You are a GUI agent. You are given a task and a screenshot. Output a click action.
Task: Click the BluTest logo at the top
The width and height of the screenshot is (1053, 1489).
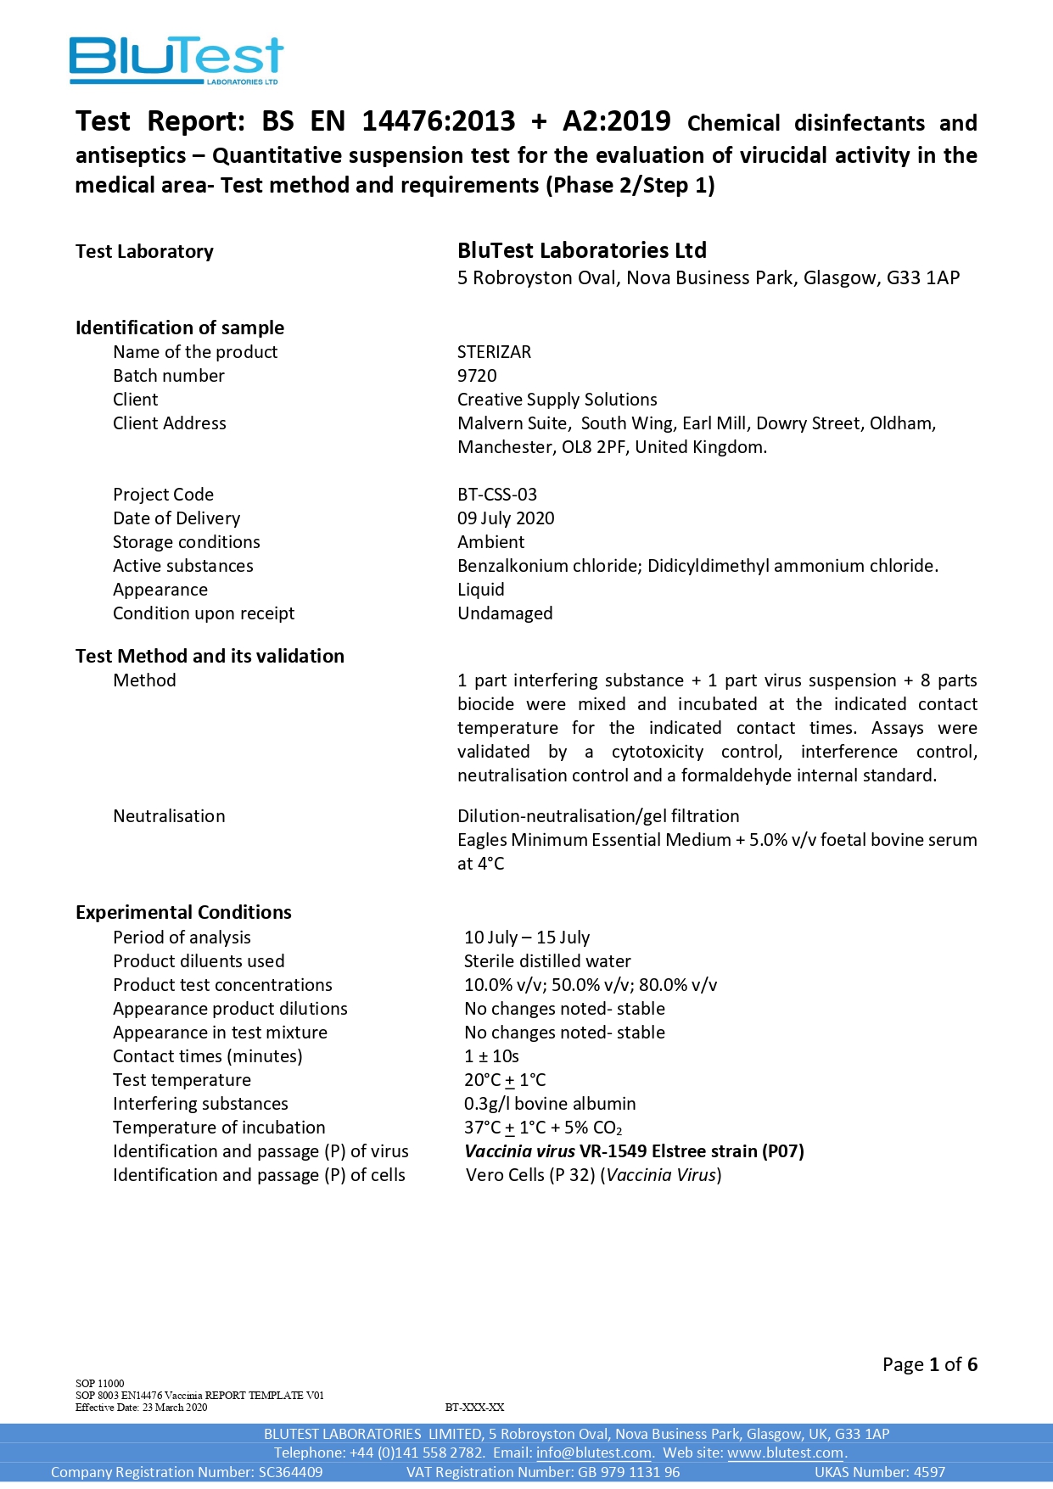pos(176,59)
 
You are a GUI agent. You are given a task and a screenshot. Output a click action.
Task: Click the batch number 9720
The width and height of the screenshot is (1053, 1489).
pos(477,376)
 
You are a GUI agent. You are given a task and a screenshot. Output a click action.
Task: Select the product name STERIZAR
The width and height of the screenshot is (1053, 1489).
pos(494,352)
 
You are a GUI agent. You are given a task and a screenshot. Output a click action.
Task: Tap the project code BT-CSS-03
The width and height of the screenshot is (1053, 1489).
pos(496,495)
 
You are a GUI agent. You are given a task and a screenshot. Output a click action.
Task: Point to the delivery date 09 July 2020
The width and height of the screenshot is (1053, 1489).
pos(506,518)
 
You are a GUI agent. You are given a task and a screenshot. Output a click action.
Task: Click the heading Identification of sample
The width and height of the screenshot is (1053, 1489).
pos(180,327)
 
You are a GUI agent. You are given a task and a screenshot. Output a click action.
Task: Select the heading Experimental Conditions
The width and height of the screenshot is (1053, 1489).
pos(183,912)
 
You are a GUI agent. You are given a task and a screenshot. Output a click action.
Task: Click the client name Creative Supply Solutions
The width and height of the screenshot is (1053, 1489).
pos(557,400)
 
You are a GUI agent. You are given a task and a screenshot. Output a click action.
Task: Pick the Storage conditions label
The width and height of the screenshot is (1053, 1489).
pos(187,542)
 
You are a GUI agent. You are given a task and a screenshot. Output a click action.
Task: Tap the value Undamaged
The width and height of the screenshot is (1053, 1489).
pos(505,613)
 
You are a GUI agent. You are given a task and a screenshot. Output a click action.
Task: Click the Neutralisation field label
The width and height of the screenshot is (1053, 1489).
pos(169,816)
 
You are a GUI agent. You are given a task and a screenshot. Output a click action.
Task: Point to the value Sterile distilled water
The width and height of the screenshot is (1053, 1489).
pos(547,961)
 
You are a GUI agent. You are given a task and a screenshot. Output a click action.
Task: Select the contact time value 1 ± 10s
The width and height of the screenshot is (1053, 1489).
pos(491,1056)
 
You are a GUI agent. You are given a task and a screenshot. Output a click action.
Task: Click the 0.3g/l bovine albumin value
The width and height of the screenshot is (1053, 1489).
pos(550,1104)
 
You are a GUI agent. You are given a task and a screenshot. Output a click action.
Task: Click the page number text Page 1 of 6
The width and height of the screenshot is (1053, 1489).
pos(929,1364)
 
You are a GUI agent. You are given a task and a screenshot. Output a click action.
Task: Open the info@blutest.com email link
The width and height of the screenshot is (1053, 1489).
pos(593,1453)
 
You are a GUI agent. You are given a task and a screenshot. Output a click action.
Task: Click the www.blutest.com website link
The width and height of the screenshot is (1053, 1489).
pos(785,1453)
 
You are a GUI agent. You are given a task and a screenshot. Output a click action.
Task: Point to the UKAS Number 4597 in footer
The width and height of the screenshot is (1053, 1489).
pos(879,1472)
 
